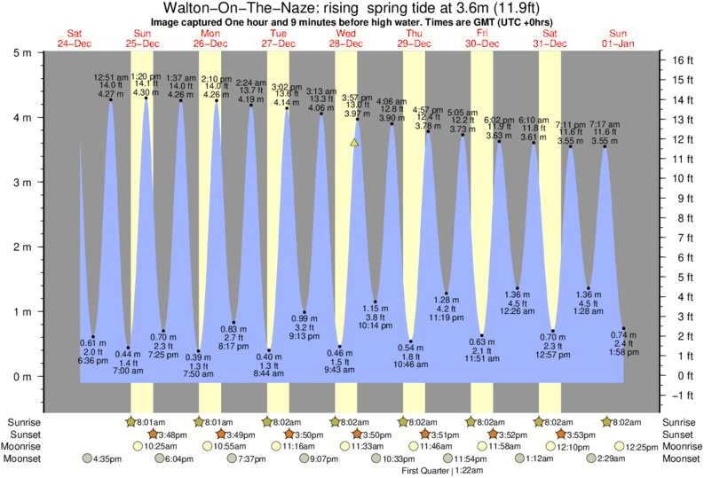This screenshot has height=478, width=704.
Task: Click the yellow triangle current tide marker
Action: pyautogui.click(x=354, y=142)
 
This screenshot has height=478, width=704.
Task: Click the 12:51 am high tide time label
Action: pyautogui.click(x=111, y=77)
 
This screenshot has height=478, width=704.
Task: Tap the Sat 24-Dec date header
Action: pyautogui.click(x=74, y=38)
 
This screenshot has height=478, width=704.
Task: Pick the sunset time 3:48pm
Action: pyautogui.click(x=172, y=435)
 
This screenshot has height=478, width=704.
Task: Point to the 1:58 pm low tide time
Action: pyautogui.click(x=623, y=352)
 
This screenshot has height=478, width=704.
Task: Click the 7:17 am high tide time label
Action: pyautogui.click(x=605, y=124)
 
